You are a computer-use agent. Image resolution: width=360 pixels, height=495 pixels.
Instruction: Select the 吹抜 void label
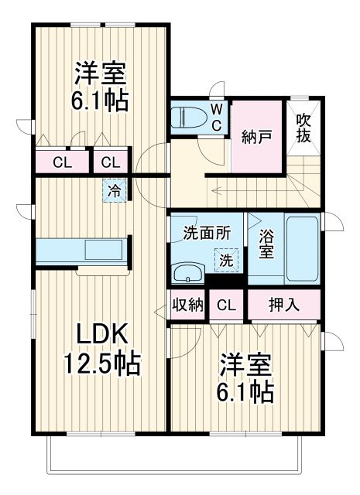(304, 128)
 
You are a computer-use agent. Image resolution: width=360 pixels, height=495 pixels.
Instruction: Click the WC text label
(217, 116)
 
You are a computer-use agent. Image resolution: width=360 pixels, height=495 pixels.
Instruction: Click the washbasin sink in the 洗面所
(186, 272)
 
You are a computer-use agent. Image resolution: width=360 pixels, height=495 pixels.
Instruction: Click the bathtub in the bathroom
(302, 249)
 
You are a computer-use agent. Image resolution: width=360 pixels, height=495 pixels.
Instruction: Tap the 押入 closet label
(284, 304)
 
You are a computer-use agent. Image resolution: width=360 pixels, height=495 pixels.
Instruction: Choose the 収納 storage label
(187, 304)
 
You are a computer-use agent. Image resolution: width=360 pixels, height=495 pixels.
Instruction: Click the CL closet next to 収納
(226, 305)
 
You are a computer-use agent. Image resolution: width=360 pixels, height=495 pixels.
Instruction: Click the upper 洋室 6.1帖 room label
(101, 87)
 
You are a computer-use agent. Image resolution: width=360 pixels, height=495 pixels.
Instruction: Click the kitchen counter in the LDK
(80, 251)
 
